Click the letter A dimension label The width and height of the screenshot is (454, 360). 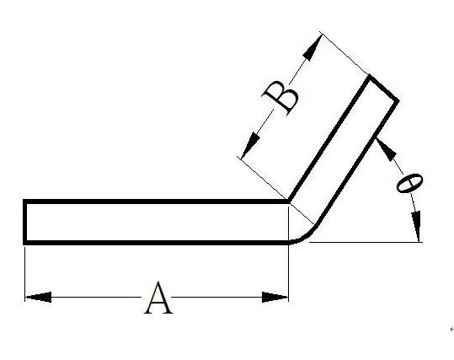point(158,298)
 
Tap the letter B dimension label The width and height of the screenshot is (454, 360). point(280,98)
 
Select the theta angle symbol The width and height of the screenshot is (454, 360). point(409,183)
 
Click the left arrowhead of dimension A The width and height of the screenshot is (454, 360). point(38,297)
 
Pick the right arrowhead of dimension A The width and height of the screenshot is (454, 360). point(275,297)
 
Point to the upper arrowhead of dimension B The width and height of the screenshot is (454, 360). point(312,48)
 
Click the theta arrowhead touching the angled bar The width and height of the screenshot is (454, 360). point(386,148)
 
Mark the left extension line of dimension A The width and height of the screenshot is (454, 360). point(25,273)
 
